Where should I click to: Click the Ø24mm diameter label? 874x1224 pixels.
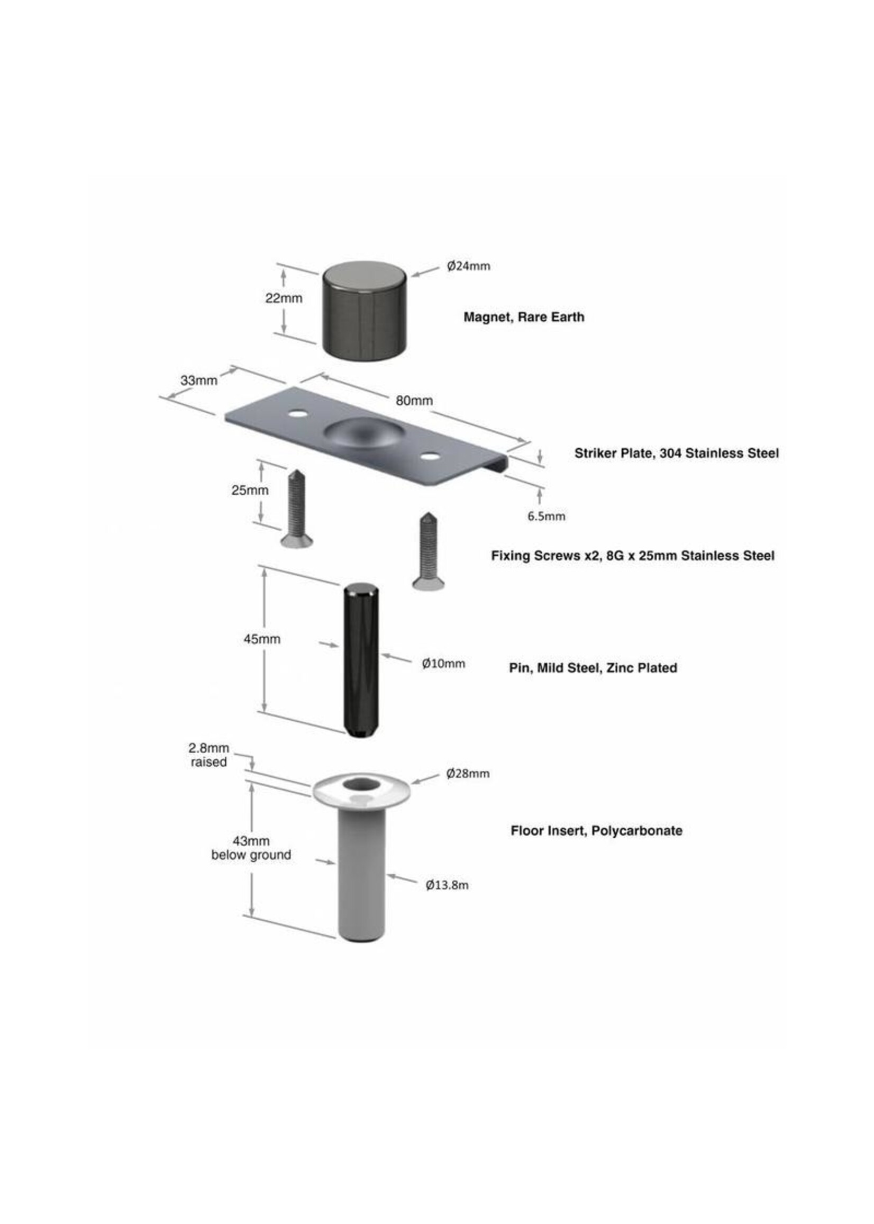(x=468, y=266)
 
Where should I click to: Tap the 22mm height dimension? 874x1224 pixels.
(x=284, y=297)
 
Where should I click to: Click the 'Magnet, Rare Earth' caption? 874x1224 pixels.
(x=524, y=316)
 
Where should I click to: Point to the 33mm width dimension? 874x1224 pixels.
(x=198, y=380)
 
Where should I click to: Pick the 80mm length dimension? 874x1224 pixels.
(x=414, y=401)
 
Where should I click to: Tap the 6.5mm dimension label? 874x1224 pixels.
(x=546, y=516)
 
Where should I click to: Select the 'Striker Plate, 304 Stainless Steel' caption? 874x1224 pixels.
(x=677, y=453)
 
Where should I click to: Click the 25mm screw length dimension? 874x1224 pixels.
(x=250, y=490)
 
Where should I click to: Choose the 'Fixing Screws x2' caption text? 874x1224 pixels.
(x=546, y=556)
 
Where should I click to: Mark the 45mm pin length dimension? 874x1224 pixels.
(x=262, y=639)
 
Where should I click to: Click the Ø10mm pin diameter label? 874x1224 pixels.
(x=443, y=664)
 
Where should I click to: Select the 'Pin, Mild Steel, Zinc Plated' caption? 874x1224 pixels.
(x=593, y=667)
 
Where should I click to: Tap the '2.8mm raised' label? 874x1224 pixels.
(x=209, y=755)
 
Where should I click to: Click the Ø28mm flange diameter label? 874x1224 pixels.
(x=468, y=774)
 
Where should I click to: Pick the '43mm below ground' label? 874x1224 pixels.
(x=251, y=848)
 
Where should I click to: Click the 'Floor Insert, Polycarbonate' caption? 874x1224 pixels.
(x=596, y=830)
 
